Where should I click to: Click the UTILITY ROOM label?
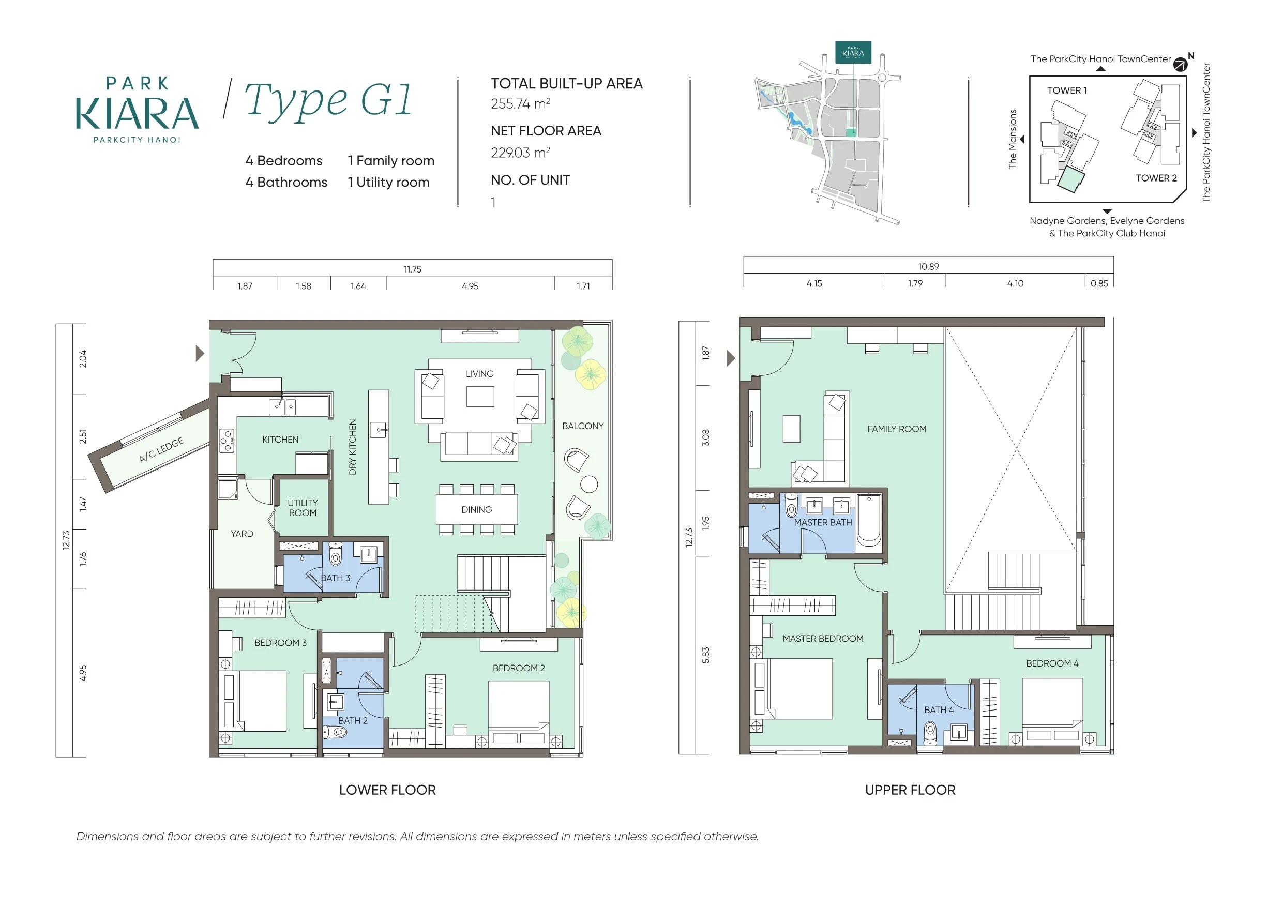tap(303, 507)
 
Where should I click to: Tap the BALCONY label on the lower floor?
tap(583, 426)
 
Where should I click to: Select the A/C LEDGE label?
tap(161, 450)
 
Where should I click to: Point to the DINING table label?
tap(477, 510)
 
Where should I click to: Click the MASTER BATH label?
tap(823, 522)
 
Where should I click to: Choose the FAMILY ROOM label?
tap(897, 429)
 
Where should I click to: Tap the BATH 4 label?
tap(939, 710)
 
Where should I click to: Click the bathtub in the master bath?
tap(868, 521)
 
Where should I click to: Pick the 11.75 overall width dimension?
tap(412, 269)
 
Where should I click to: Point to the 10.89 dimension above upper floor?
tap(929, 267)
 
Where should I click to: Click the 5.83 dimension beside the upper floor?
tap(706, 655)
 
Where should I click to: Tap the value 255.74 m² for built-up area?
tap(520, 104)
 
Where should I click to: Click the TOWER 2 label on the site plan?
tap(1156, 178)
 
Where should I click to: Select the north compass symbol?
tap(1180, 64)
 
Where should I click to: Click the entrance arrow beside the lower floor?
tap(200, 353)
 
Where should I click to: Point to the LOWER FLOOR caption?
tap(387, 790)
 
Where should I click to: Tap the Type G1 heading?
tap(328, 99)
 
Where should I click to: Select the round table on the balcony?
tap(589, 484)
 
